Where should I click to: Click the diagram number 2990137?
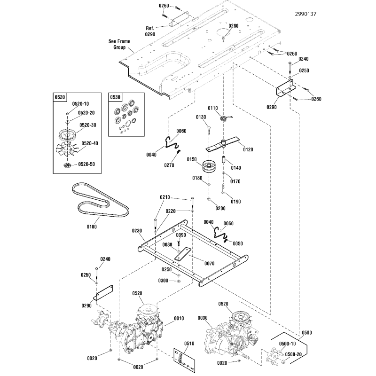[305, 14]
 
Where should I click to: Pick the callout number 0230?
[137, 231]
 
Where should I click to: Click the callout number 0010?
[179, 319]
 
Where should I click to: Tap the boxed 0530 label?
[115, 97]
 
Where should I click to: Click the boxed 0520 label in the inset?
[60, 97]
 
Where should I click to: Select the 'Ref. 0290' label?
[149, 31]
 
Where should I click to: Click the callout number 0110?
[213, 108]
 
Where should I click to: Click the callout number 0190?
[236, 202]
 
